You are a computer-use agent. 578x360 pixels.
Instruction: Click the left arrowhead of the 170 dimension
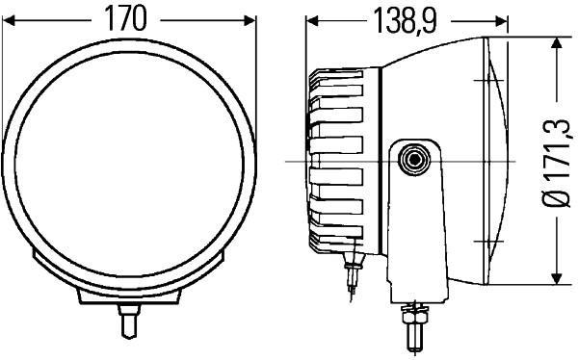coord(10,19)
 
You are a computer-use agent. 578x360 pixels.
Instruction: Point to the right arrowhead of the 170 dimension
coord(253,19)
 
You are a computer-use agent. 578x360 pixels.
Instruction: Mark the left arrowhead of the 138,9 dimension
coord(313,20)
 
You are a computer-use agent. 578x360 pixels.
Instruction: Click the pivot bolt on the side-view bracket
coord(416,159)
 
